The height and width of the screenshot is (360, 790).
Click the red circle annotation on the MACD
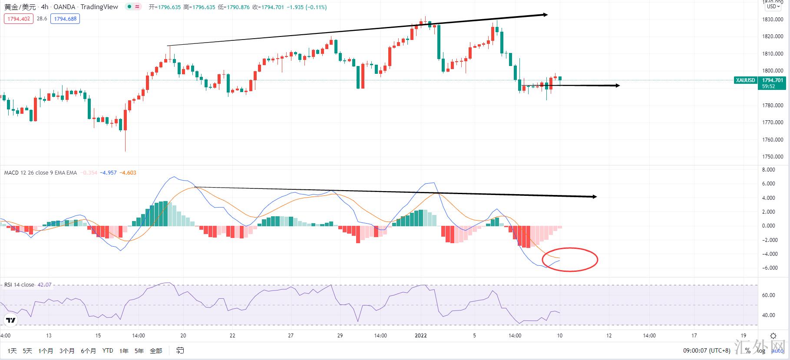click(570, 259)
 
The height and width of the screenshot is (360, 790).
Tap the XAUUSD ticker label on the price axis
click(746, 80)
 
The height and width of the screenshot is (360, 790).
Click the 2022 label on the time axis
click(421, 336)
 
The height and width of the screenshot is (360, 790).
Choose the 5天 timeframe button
click(27, 351)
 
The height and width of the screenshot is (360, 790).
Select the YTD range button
click(108, 351)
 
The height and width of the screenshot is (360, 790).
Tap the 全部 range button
click(155, 351)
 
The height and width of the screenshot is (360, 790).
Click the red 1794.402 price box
click(19, 19)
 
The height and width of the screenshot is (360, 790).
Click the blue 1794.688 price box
click(65, 19)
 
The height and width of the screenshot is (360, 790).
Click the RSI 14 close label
click(19, 285)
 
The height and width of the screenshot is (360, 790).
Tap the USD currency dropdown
click(773, 7)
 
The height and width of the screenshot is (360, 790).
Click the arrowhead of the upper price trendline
click(545, 15)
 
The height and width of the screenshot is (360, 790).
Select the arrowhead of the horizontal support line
click(617, 86)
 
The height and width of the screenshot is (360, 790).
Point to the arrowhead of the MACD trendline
click(594, 197)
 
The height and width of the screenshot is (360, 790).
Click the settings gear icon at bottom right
click(773, 336)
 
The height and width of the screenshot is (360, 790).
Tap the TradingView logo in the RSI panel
click(11, 320)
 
